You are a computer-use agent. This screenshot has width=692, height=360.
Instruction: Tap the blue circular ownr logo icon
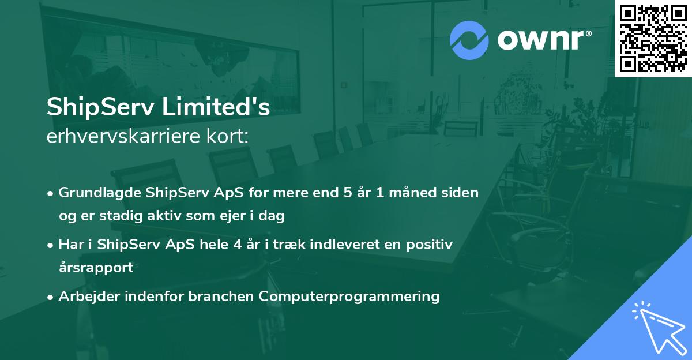[x=469, y=40]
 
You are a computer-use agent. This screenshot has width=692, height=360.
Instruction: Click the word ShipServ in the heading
[x=98, y=107]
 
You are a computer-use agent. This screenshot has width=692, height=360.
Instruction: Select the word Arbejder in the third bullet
[x=85, y=297]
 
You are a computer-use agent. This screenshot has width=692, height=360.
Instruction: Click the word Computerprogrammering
[x=349, y=297]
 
